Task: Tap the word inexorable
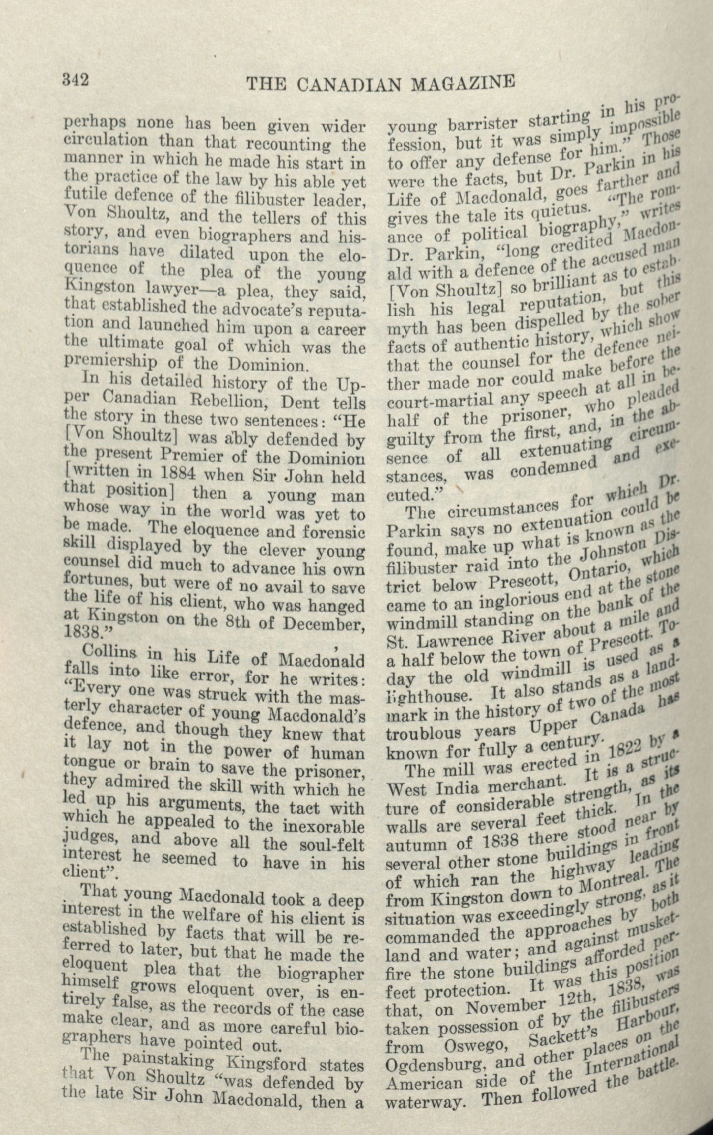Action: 324,827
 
